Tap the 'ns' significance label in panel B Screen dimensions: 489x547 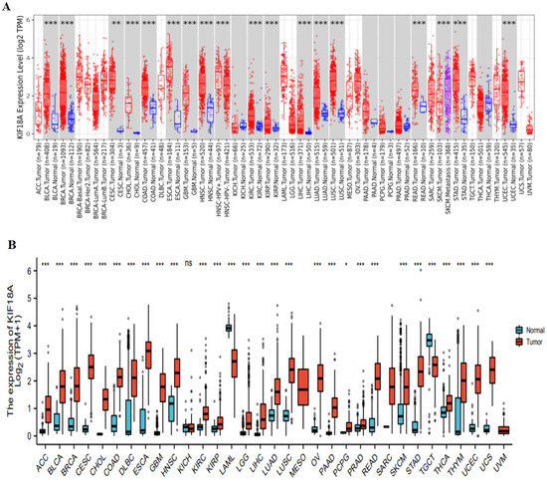[186, 266]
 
